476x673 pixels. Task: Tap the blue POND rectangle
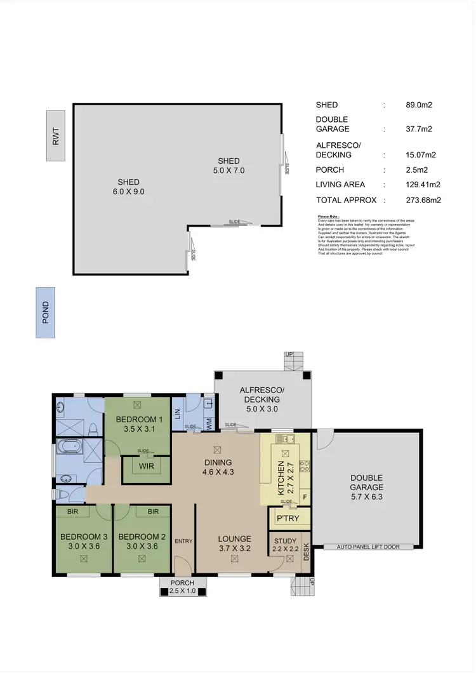45,312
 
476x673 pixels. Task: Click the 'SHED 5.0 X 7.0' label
229,166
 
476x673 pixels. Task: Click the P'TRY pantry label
283,519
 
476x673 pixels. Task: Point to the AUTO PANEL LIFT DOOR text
368,546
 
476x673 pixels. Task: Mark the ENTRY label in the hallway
183,540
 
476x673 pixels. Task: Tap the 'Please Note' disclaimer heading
329,217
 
